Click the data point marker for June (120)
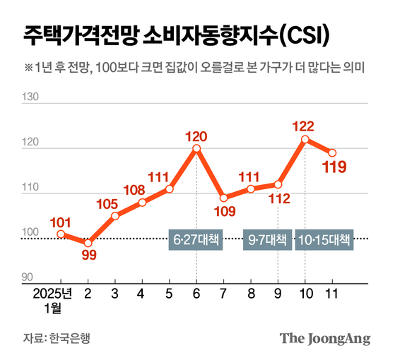pos(196,148)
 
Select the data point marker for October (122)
pos(305,139)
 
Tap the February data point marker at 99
pos(88,243)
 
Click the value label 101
pos(61,222)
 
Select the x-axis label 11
pos(331,292)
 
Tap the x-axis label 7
pos(223,292)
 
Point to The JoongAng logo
pos(324,338)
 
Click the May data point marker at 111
pos(170,188)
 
